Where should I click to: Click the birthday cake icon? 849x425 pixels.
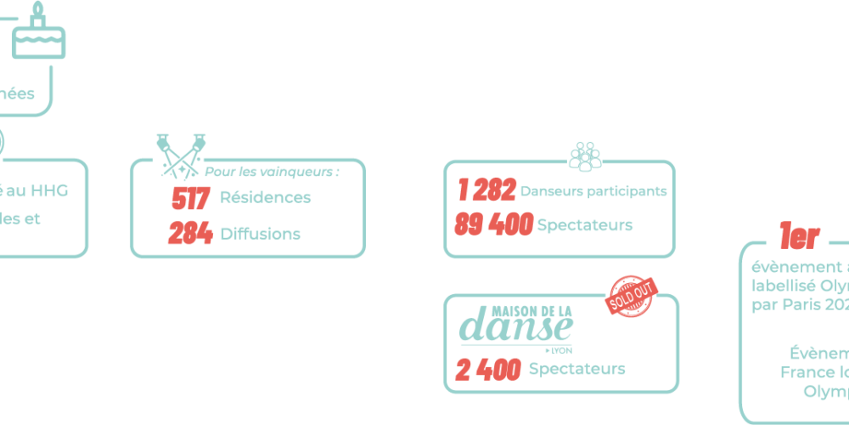38,38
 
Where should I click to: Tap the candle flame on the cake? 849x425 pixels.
37,8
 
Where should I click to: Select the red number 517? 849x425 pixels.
190,199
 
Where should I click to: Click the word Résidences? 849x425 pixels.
266,198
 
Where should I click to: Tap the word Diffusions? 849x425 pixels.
261,234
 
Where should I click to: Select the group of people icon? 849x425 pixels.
584,155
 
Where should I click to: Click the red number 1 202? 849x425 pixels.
486,191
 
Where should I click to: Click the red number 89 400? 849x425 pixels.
493,225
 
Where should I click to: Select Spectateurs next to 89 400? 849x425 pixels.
586,226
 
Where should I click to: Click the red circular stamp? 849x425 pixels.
631,295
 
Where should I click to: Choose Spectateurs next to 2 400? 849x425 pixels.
577,369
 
